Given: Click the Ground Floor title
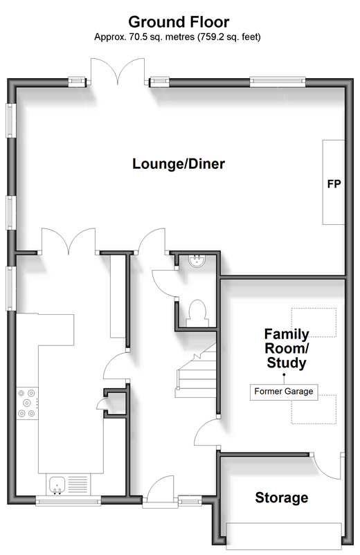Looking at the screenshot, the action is coord(179,22).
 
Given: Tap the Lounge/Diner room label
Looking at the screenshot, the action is coord(179,164).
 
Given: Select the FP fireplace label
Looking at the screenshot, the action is coord(334,183).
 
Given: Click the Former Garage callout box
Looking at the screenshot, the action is coord(284,392).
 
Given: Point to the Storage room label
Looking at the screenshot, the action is coord(282,498).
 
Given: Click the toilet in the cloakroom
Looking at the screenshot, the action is coord(197,313).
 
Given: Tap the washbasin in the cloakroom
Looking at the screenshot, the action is coord(197,261).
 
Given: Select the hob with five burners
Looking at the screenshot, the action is coord(27,403).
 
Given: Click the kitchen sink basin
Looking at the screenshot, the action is coord(57,484).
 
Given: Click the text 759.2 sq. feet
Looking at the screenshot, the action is coord(229,37).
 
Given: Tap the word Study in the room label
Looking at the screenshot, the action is coord(287,363).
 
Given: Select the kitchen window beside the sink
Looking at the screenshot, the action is coord(69,500).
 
